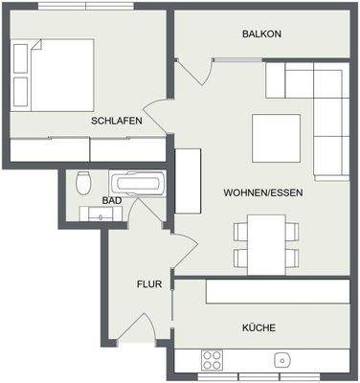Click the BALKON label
(x=261, y=34)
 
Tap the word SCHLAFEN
(x=117, y=122)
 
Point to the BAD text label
(x=111, y=201)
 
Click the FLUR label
(x=146, y=283)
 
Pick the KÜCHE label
(x=259, y=327)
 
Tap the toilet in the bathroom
(x=83, y=183)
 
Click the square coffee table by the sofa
(x=277, y=137)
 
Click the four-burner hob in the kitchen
(x=212, y=359)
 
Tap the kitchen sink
(x=282, y=360)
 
